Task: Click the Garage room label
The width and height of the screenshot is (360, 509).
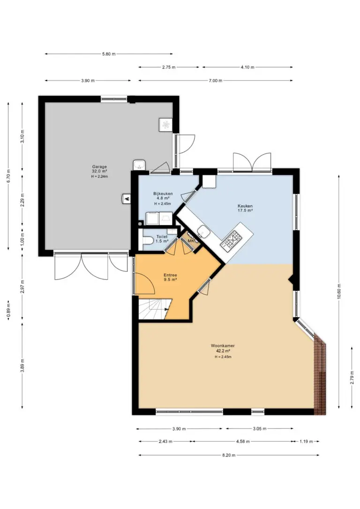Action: pos(99,167)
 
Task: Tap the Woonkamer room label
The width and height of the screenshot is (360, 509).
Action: pos(223,346)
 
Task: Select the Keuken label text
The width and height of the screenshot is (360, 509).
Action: pos(245,206)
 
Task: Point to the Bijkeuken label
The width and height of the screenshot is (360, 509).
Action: pos(163,194)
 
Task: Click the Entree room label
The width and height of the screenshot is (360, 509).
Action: pos(170,275)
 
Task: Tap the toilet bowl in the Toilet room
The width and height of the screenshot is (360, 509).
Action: pos(148,240)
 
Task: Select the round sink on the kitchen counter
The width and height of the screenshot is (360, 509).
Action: pos(204,232)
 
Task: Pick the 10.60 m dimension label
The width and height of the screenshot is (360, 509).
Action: pos(338,292)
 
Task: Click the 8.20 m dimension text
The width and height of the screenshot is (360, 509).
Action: pos(229,455)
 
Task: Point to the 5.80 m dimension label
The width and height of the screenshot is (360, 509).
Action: pos(109,54)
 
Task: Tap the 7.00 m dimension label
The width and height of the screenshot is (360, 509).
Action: pos(216,81)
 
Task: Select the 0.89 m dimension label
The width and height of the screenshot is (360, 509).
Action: pos(8,310)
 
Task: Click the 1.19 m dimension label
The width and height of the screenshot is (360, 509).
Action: pos(306,442)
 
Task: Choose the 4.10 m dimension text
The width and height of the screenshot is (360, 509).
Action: pos(247,67)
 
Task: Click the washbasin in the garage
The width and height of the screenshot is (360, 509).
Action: pos(140,165)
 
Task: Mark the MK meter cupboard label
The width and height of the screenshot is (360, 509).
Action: pos(191,241)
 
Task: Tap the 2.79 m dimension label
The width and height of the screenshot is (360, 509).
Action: pos(352,377)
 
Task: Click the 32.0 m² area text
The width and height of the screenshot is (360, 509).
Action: pos(99,171)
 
